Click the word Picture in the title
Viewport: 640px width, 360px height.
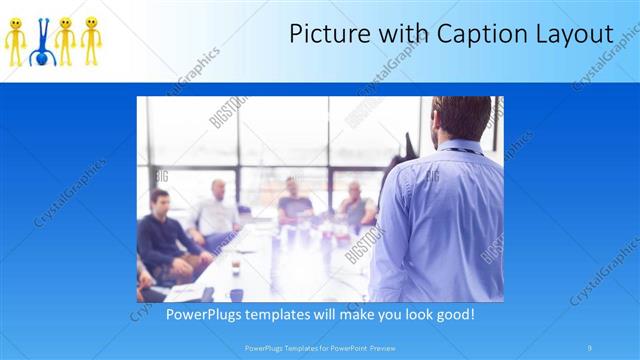324,34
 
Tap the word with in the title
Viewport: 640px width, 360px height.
392,34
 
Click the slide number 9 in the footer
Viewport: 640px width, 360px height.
590,348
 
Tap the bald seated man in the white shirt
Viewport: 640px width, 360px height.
216,210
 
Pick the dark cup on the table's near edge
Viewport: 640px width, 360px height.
235,295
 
